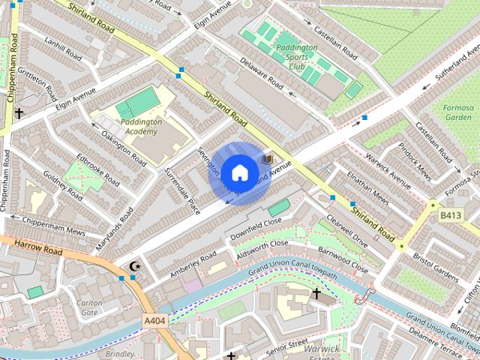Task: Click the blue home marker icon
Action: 239,172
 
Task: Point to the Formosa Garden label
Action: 458,112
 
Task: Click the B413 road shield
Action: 451,215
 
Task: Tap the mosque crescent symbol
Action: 136,266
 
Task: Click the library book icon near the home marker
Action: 265,160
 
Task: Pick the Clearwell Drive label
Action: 347,232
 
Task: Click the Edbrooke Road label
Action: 98,171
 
